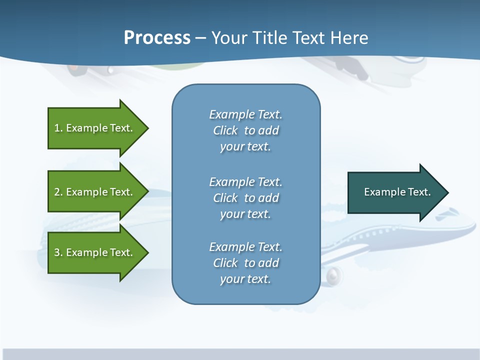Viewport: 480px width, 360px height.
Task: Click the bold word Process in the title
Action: (157, 38)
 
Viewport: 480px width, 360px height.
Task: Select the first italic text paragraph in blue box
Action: (245, 130)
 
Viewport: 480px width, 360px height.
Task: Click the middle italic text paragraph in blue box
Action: (245, 198)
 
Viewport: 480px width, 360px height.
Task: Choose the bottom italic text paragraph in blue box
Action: (245, 263)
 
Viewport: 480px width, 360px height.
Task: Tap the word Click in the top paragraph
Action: (225, 130)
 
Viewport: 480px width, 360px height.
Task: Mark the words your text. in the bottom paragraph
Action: (245, 279)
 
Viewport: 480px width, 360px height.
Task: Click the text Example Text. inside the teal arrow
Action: (397, 192)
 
